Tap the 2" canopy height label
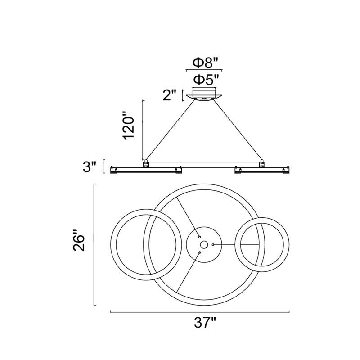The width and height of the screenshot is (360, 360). (170, 95)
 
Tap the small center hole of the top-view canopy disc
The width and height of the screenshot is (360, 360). (204, 245)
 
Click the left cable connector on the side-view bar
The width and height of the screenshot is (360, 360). (146, 163)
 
